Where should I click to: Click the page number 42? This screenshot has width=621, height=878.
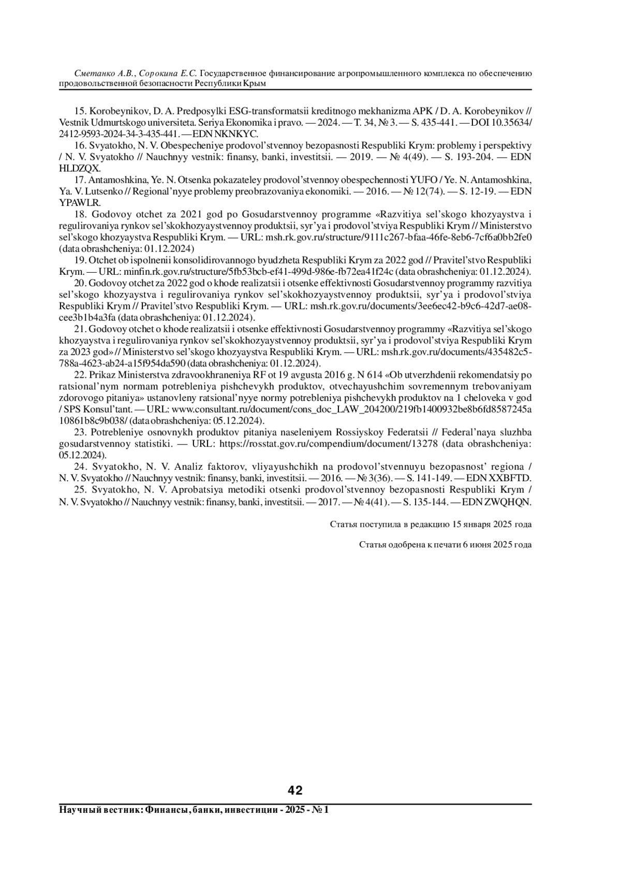click(x=295, y=791)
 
